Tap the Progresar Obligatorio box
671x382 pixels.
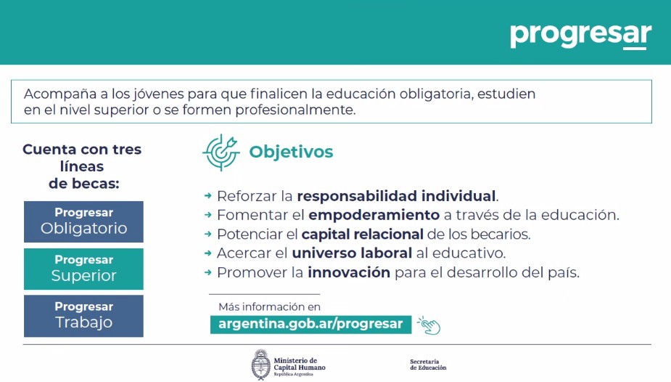tap(83, 222)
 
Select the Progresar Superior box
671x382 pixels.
tap(83, 269)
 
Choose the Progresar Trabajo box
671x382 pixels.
tap(83, 316)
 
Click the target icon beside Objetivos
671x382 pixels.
tap(221, 153)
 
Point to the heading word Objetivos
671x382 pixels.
tap(291, 152)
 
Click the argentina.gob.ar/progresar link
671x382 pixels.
tap(310, 324)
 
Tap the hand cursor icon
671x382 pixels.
tap(429, 325)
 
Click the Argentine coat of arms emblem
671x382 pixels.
tap(260, 365)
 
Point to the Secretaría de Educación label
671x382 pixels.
tap(428, 365)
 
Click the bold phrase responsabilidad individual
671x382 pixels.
tap(396, 196)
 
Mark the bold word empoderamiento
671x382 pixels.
tap(374, 215)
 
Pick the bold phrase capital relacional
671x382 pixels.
tap(363, 235)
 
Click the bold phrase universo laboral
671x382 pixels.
tap(352, 253)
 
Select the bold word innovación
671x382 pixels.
tap(349, 272)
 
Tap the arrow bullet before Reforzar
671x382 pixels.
tap(208, 195)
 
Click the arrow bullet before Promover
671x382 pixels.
tap(208, 272)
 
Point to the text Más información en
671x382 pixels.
tap(270, 306)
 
